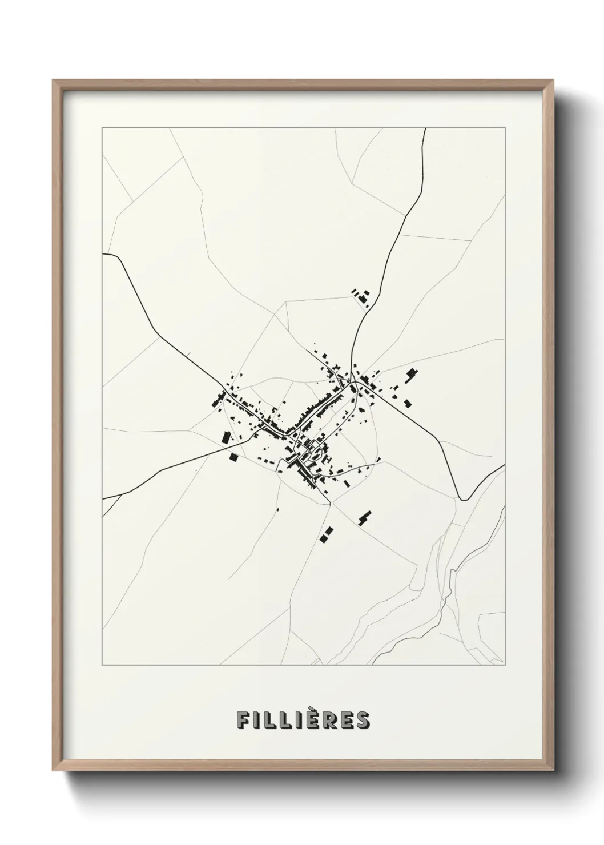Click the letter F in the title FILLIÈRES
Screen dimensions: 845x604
point(243,720)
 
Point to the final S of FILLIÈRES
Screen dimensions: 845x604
point(363,720)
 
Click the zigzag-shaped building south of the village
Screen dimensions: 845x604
point(364,517)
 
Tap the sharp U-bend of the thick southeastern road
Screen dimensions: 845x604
point(464,499)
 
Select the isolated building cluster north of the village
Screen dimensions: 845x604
point(360,296)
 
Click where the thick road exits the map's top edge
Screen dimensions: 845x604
point(426,129)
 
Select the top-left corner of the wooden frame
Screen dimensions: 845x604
point(53,80)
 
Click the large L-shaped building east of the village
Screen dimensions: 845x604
point(410,375)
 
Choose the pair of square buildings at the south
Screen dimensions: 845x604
point(325,534)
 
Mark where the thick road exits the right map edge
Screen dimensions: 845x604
point(505,465)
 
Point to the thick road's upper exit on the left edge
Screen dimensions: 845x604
point(103,254)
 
